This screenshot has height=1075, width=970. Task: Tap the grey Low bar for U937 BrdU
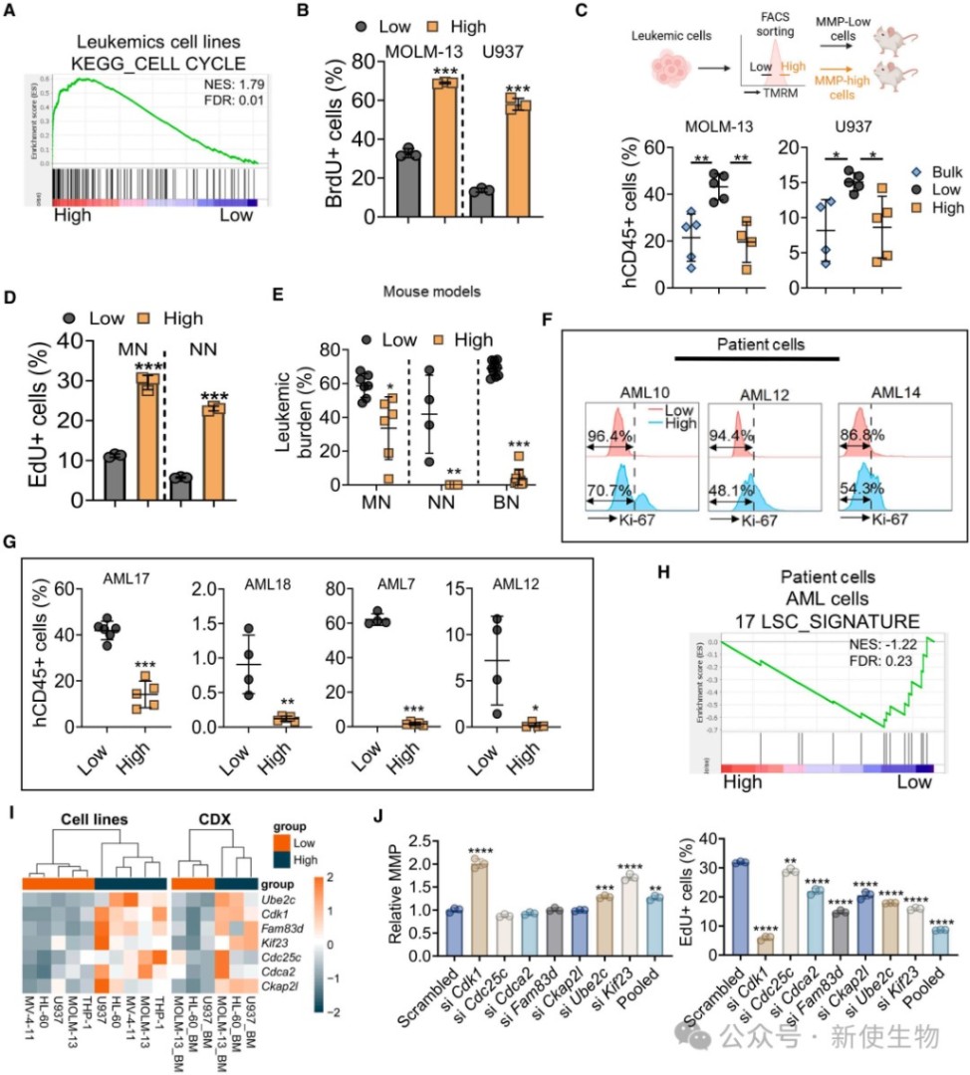pyautogui.click(x=482, y=202)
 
